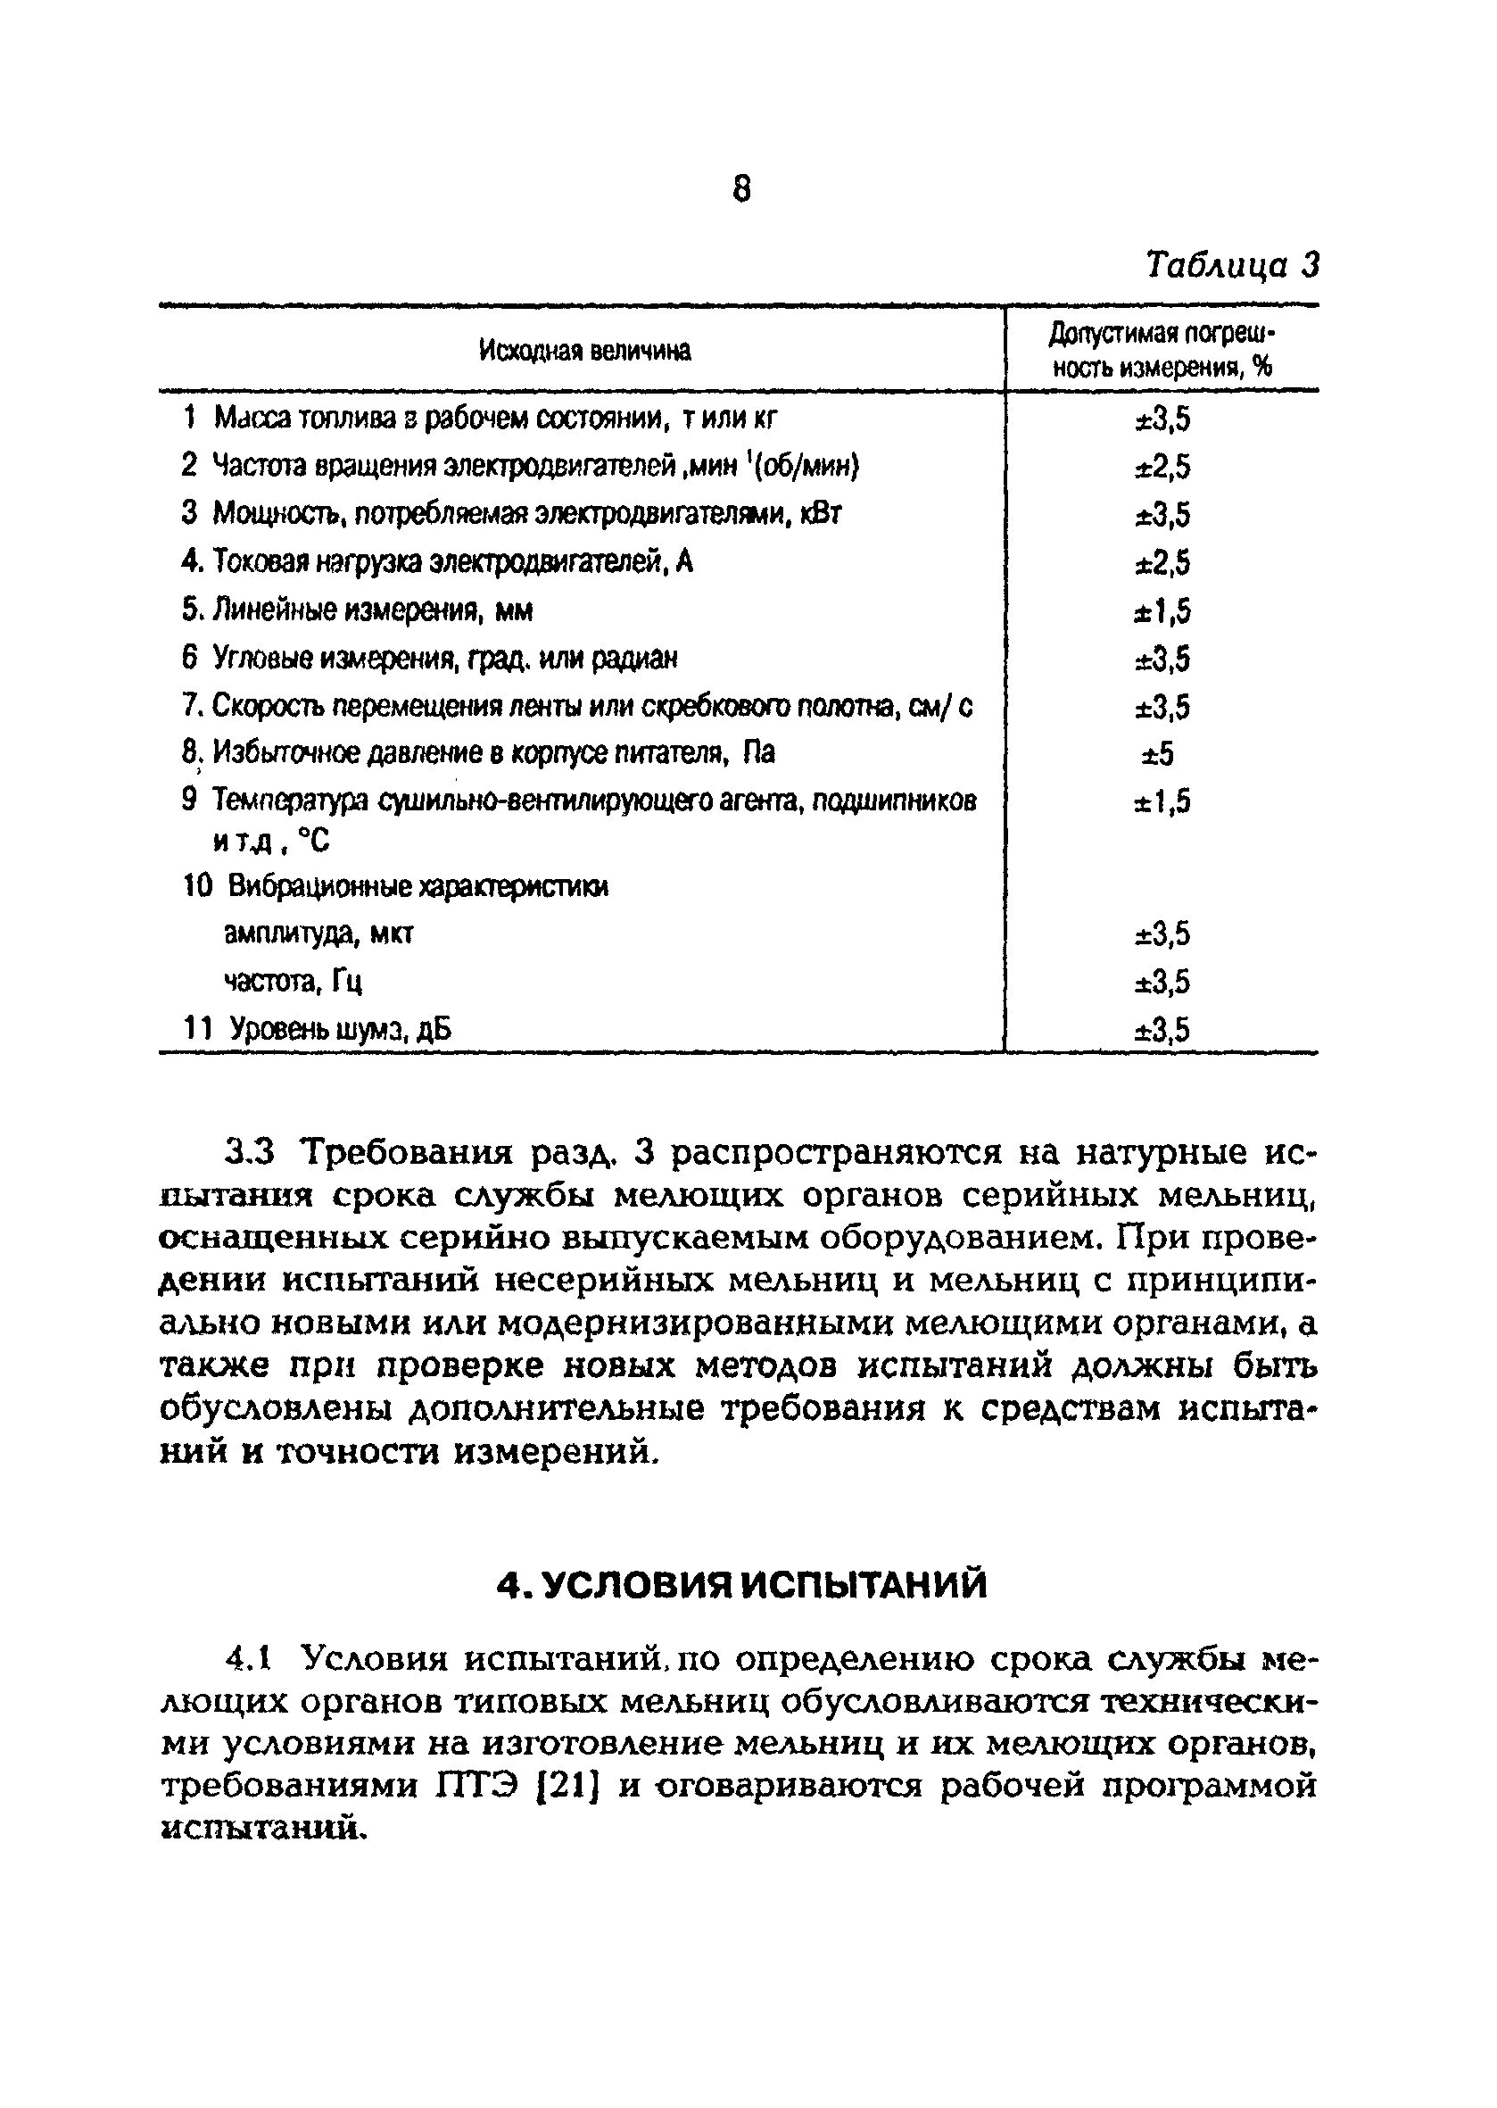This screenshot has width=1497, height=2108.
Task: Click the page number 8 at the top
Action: [x=742, y=190]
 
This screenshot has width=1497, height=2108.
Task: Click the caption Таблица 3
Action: [x=1231, y=266]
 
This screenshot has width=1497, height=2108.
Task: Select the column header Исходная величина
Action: [x=584, y=352]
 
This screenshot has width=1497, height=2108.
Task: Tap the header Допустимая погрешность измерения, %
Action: [x=1162, y=352]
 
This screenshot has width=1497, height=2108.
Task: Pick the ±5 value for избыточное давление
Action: [x=1159, y=755]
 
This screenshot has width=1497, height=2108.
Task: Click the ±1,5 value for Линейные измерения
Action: [x=1162, y=611]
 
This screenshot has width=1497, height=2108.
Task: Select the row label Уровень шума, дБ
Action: [x=340, y=1029]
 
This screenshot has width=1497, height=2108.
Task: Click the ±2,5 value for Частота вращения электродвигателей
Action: [x=1162, y=468]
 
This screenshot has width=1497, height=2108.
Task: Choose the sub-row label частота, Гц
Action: [x=294, y=982]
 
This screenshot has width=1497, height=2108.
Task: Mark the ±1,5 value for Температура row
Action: [x=1162, y=802]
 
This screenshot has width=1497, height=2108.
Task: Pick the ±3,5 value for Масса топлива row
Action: [x=1162, y=420]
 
